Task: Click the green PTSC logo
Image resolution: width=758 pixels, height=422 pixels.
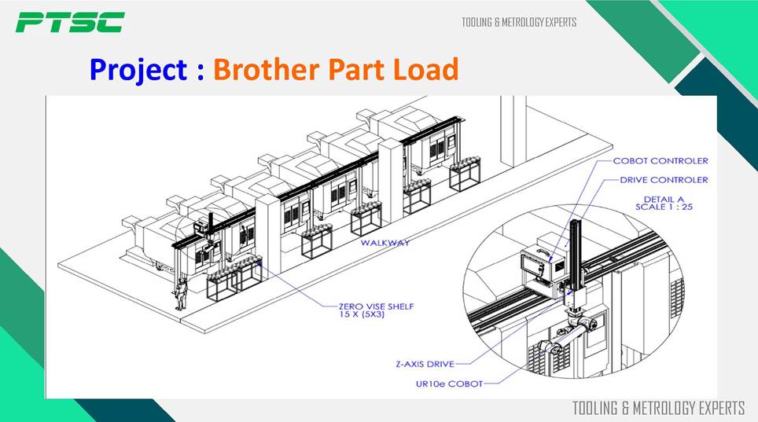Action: [x=69, y=22]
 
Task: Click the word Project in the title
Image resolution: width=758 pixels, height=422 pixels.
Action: [x=138, y=70]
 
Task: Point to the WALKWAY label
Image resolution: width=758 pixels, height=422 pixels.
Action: [x=385, y=243]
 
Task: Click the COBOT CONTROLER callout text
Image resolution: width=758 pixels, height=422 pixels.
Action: [x=660, y=161]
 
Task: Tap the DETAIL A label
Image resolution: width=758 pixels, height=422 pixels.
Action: [x=664, y=198]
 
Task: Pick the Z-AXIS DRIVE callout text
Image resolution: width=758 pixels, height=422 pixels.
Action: [x=423, y=364]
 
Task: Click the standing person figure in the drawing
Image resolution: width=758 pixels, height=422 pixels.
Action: [x=181, y=292]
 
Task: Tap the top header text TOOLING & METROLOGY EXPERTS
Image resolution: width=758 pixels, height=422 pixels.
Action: [x=519, y=22]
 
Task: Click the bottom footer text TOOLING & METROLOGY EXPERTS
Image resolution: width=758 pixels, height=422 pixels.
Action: [x=658, y=408]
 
